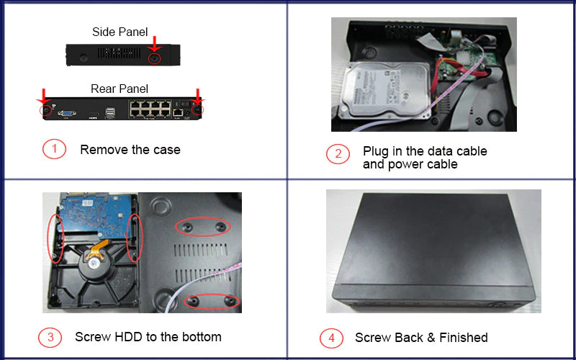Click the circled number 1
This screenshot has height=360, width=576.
pyautogui.click(x=54, y=150)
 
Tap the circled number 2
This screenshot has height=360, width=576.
pyautogui.click(x=338, y=154)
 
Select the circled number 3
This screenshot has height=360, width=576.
pyautogui.click(x=50, y=337)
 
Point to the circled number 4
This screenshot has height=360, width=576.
pyautogui.click(x=330, y=338)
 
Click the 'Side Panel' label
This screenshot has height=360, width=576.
pyautogui.click(x=120, y=32)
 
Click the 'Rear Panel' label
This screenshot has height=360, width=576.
pyautogui.click(x=120, y=89)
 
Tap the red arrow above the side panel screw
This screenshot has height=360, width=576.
pyautogui.click(x=153, y=45)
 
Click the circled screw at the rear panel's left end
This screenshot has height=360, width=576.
pyautogui.click(x=45, y=110)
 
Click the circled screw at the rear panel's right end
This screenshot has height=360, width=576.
pyautogui.click(x=199, y=109)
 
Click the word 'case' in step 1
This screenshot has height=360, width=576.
pyautogui.click(x=165, y=150)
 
